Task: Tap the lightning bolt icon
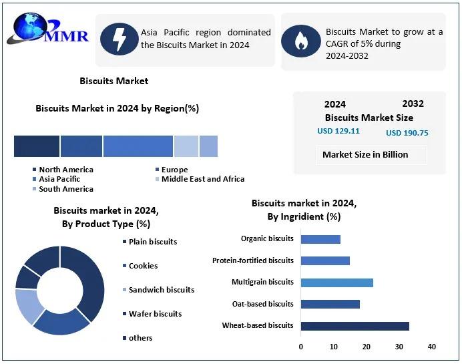tap(118, 39)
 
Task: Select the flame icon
tap(300, 41)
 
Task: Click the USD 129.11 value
tap(338, 131)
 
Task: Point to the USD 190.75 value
tap(407, 133)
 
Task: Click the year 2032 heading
tap(413, 104)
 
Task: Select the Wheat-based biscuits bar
tap(355, 326)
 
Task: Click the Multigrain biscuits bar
tap(336, 283)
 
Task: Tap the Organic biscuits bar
tap(320, 239)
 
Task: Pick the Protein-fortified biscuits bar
tap(325, 260)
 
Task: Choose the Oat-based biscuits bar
tap(330, 304)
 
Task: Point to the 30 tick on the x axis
tap(399, 347)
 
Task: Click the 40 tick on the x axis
tap(432, 347)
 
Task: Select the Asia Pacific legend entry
tap(59, 179)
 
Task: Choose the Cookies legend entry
tap(143, 266)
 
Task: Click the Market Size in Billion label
tap(365, 154)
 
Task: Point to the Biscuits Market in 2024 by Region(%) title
tap(117, 108)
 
